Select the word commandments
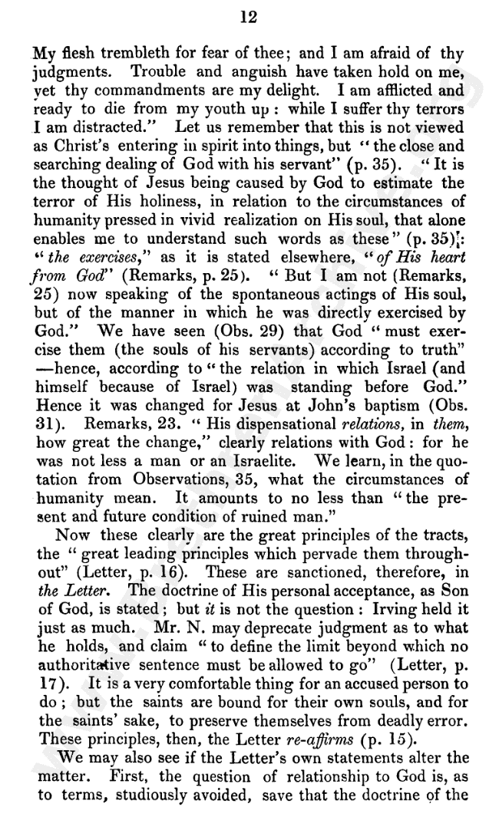click(136, 91)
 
